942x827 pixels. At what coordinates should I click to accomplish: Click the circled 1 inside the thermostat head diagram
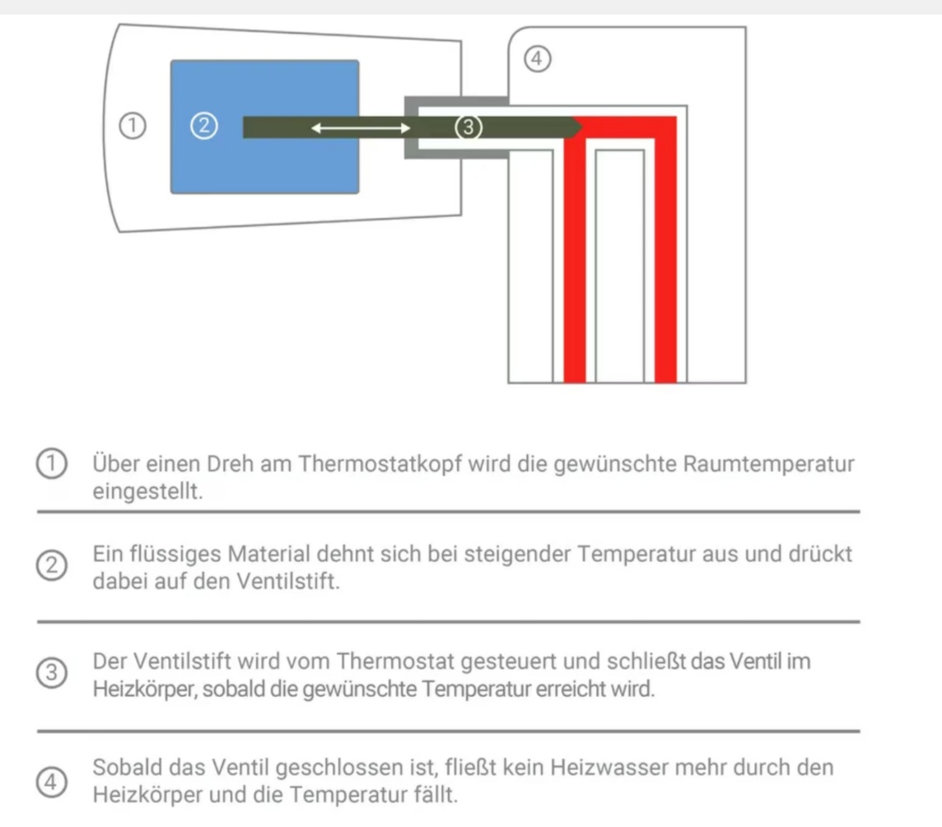[133, 126]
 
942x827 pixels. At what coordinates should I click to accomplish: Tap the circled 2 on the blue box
[204, 126]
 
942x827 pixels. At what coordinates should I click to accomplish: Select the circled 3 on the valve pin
[468, 128]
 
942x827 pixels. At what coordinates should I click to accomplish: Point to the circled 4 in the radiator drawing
[537, 59]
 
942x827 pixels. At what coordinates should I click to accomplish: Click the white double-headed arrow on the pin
[361, 128]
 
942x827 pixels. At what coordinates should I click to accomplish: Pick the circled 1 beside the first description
[52, 463]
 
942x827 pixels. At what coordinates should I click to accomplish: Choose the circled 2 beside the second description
[52, 566]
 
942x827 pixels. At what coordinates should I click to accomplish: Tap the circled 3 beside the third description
[52, 672]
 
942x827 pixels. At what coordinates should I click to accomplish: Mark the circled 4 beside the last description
[52, 782]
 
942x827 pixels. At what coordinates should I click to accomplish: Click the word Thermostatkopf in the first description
[380, 464]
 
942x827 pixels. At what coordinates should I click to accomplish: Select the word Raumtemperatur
[768, 464]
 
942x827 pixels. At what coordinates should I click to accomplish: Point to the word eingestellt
[147, 491]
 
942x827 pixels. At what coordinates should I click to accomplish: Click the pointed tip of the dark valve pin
[582, 128]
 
